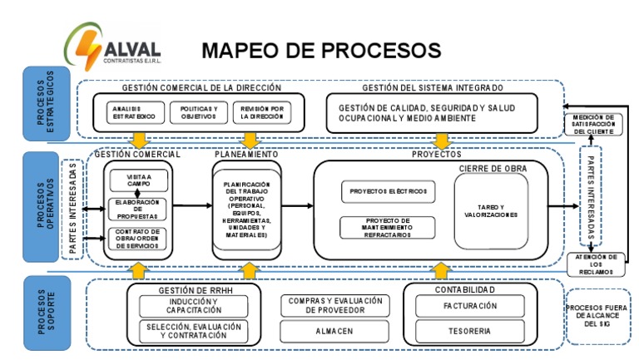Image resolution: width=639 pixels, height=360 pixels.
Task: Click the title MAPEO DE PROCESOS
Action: (x=321, y=50)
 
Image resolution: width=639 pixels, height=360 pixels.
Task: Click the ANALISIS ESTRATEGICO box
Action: (x=131, y=113)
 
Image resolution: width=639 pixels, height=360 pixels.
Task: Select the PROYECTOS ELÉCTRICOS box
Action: (x=388, y=191)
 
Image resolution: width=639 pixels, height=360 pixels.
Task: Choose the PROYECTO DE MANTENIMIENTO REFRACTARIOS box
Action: (x=388, y=226)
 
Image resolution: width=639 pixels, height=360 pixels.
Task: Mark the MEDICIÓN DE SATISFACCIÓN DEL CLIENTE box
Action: (x=592, y=124)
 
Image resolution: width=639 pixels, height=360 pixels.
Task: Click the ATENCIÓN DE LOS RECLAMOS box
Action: (x=592, y=264)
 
